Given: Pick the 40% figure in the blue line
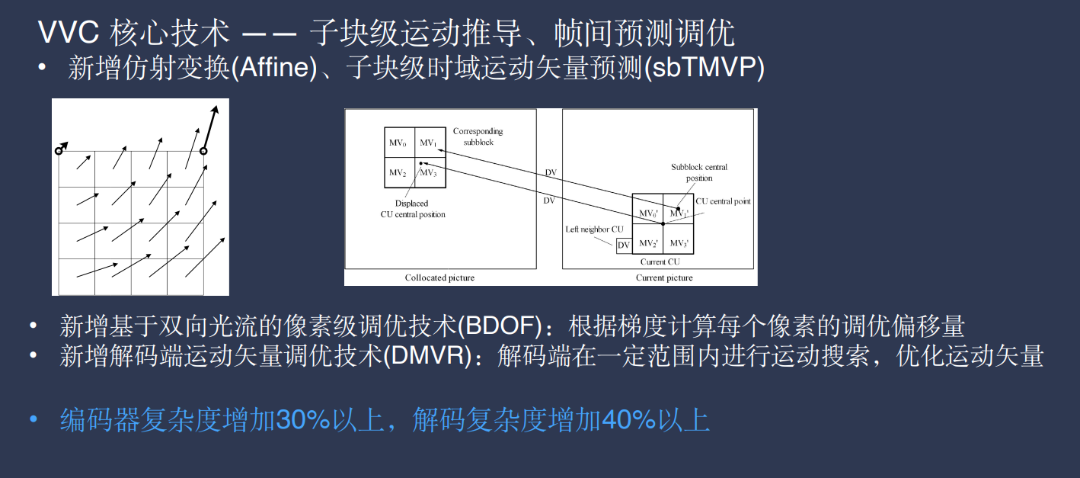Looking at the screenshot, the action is coord(628,420).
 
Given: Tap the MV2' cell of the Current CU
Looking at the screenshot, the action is coord(648,243).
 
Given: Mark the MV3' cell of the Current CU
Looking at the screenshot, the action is coord(678,243).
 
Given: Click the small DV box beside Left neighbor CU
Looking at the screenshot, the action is coord(624,245).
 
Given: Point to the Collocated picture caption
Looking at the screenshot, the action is coord(439,277).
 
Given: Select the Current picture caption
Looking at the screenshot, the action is coord(664,277).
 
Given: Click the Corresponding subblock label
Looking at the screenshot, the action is coord(478,136).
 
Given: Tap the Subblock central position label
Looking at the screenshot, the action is coord(699,172).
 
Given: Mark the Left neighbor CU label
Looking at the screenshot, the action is coord(594,229).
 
